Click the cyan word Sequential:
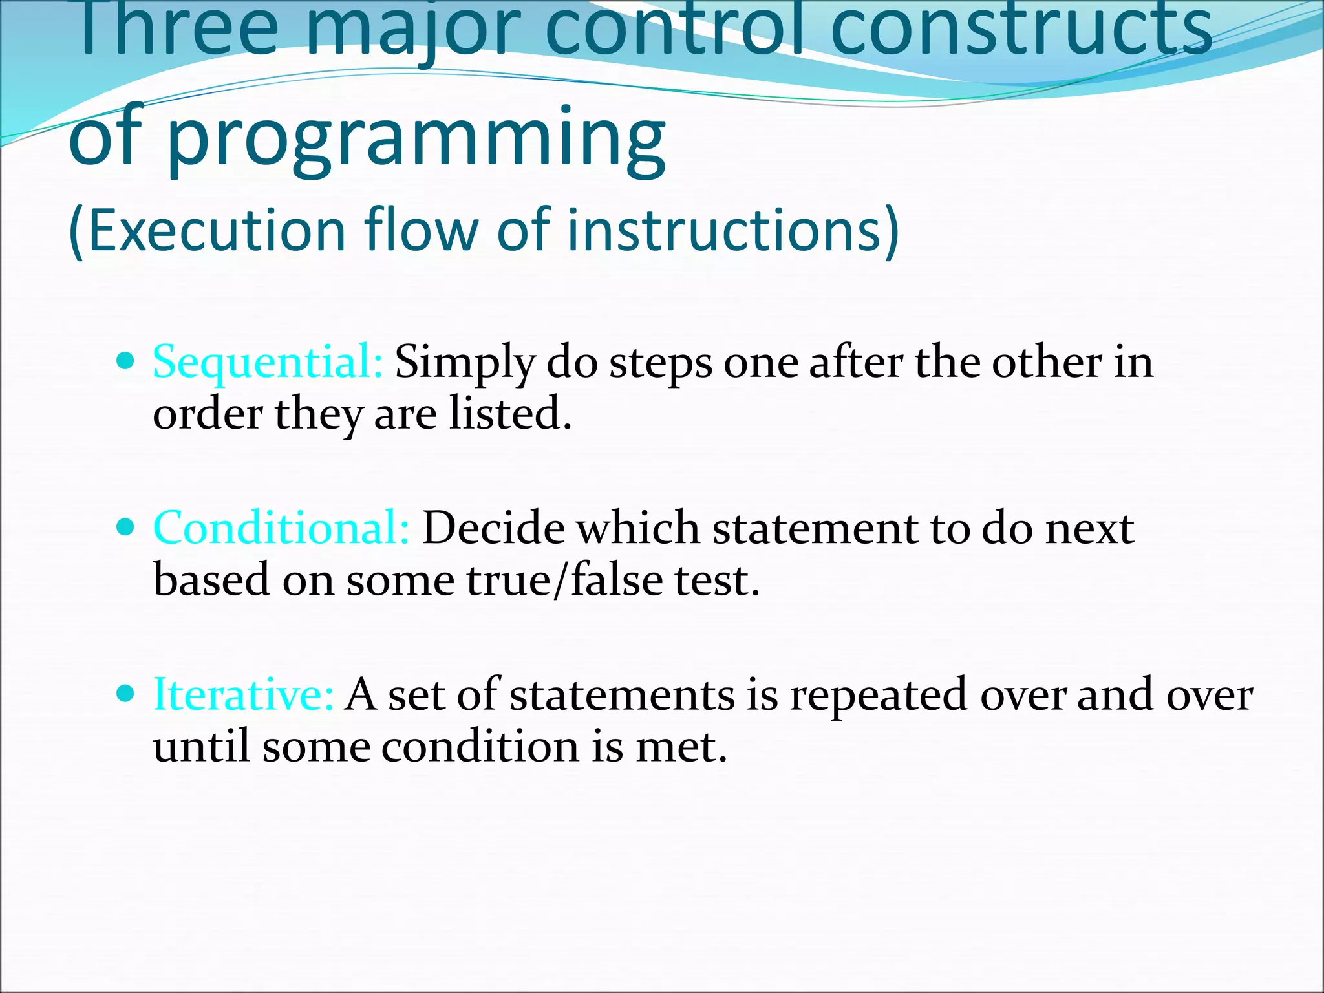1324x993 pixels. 268,363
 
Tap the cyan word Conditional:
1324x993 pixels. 281,528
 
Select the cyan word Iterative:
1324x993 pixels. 243,695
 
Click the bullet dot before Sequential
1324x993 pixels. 126,360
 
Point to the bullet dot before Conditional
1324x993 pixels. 126,527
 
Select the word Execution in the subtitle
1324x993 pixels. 216,230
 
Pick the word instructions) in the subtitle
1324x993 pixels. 733,230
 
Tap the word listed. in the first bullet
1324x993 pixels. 511,414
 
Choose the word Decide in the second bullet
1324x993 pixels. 493,529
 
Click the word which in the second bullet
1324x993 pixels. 638,529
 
